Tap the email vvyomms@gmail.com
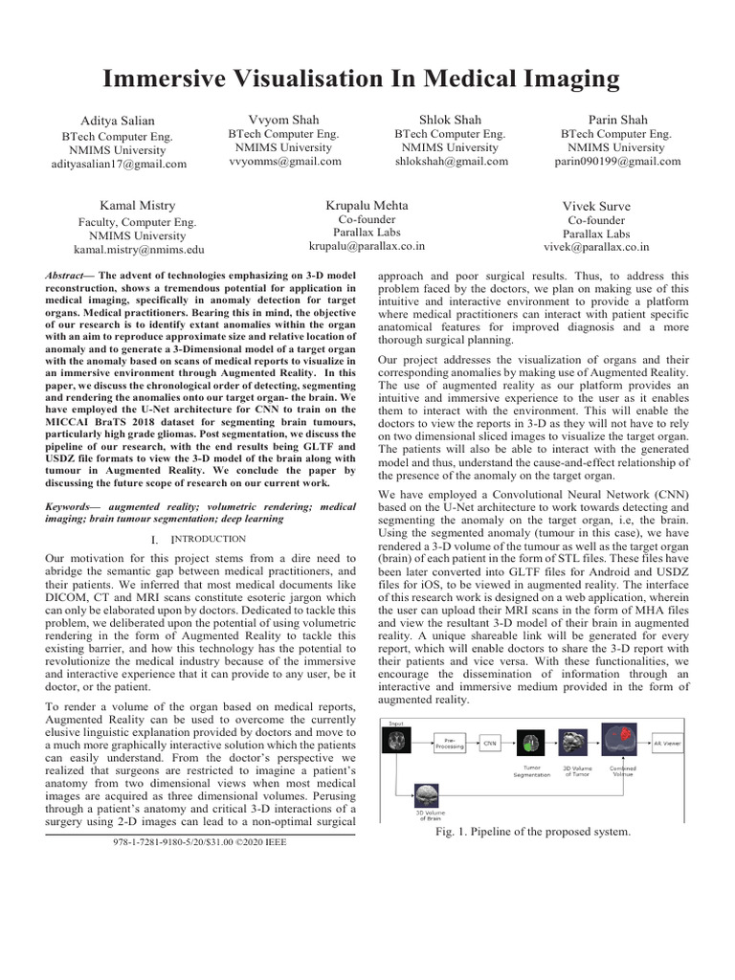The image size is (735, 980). pyautogui.click(x=284, y=162)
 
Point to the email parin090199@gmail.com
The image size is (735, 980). pyautogui.click(x=617, y=162)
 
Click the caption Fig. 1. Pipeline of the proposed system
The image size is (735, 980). pyautogui.click(x=533, y=832)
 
